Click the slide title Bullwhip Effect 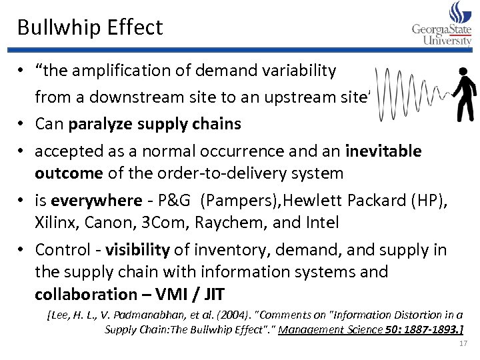90,27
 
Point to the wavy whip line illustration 407,93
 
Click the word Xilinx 57,223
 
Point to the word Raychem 234,223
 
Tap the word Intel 320,223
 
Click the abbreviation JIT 215,294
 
